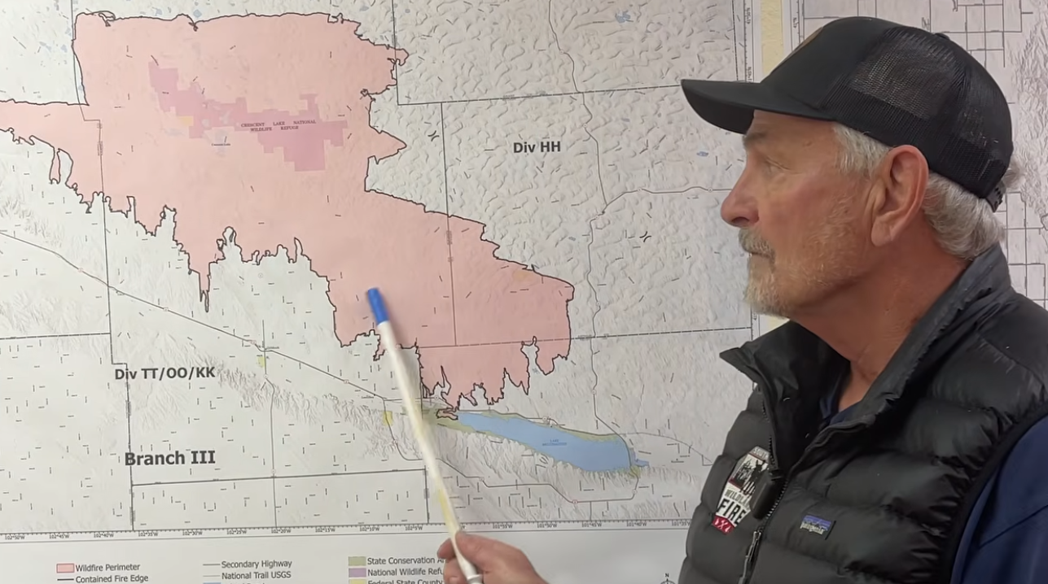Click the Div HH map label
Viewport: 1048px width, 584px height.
537,147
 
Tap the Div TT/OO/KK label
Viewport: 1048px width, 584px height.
164,373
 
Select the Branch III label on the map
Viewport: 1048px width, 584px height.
169,458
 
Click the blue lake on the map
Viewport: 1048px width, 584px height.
546,439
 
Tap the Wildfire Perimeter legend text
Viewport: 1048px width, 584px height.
109,567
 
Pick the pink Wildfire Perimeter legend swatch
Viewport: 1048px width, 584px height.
65,567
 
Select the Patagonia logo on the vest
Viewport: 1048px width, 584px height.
816,525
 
